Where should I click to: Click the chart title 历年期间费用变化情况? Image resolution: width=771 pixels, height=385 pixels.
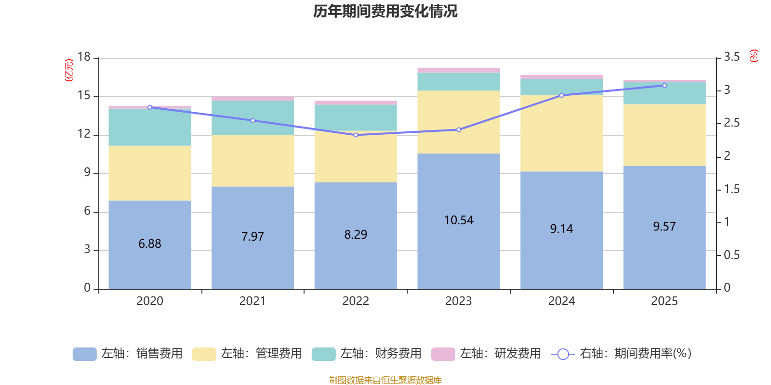pyautogui.click(x=385, y=11)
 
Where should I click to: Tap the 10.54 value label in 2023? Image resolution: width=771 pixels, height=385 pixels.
pyautogui.click(x=459, y=220)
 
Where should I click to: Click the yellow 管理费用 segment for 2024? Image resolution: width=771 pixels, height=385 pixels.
pyautogui.click(x=561, y=133)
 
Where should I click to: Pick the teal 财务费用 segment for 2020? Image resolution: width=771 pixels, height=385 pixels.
pyautogui.click(x=150, y=127)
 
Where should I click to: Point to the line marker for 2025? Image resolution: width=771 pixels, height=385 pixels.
pyautogui.click(x=665, y=86)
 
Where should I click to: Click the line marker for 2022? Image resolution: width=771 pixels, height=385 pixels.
pyautogui.click(x=356, y=135)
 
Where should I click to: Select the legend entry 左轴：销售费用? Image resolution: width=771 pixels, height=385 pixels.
pyautogui.click(x=128, y=354)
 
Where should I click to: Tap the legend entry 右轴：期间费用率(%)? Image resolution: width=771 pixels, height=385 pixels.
pyautogui.click(x=621, y=354)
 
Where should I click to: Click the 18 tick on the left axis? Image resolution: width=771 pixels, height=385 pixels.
pyautogui.click(x=84, y=57)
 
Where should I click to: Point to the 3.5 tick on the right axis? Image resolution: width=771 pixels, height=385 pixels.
pyautogui.click(x=731, y=57)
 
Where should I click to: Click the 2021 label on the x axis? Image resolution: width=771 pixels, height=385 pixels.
pyautogui.click(x=253, y=301)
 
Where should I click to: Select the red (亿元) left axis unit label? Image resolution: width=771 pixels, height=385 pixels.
pyautogui.click(x=69, y=70)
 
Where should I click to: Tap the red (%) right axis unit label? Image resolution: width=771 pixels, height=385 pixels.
pyautogui.click(x=754, y=56)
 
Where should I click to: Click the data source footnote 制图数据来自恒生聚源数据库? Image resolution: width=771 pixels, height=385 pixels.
pyautogui.click(x=385, y=380)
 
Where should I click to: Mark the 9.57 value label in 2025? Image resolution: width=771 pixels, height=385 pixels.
pyautogui.click(x=665, y=227)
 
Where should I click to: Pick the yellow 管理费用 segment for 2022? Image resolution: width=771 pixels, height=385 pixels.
pyautogui.click(x=356, y=157)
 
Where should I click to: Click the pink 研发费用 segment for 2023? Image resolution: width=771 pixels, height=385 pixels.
pyautogui.click(x=459, y=70)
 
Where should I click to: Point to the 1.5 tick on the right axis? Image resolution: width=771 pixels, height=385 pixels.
pyautogui.click(x=731, y=189)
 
